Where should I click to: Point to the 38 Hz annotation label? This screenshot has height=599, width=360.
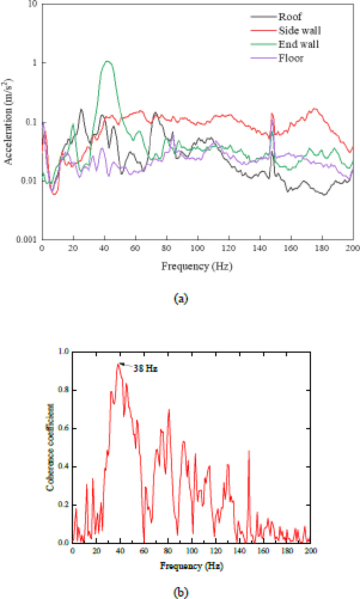click(x=146, y=369)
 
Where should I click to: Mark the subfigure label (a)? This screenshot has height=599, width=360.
click(x=181, y=298)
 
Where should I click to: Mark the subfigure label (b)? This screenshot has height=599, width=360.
click(x=181, y=591)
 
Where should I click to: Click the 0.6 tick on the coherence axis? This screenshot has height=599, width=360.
click(x=63, y=428)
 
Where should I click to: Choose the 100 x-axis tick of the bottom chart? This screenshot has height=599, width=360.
click(x=192, y=551)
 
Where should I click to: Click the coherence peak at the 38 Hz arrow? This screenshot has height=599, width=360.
click(x=119, y=363)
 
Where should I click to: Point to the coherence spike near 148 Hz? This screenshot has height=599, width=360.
click(x=249, y=451)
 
